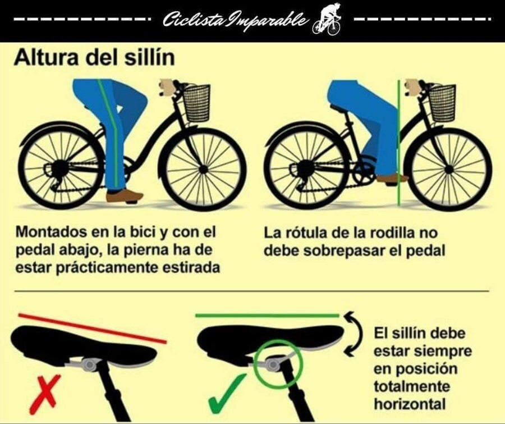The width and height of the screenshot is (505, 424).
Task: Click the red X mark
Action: coord(45,394)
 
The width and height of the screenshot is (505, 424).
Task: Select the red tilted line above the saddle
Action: coord(93,328)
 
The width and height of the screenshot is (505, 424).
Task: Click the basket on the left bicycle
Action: coord(196,103)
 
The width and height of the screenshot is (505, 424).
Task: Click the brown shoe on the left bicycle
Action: coord(125,196)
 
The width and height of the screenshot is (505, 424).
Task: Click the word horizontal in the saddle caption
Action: coord(410,404)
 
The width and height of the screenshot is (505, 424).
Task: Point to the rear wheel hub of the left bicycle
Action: coord(59,168)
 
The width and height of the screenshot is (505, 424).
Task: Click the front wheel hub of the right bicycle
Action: coord(448,168)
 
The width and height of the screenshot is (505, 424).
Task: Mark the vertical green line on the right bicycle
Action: coord(399,143)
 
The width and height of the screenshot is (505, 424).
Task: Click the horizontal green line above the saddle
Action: coord(267,316)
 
